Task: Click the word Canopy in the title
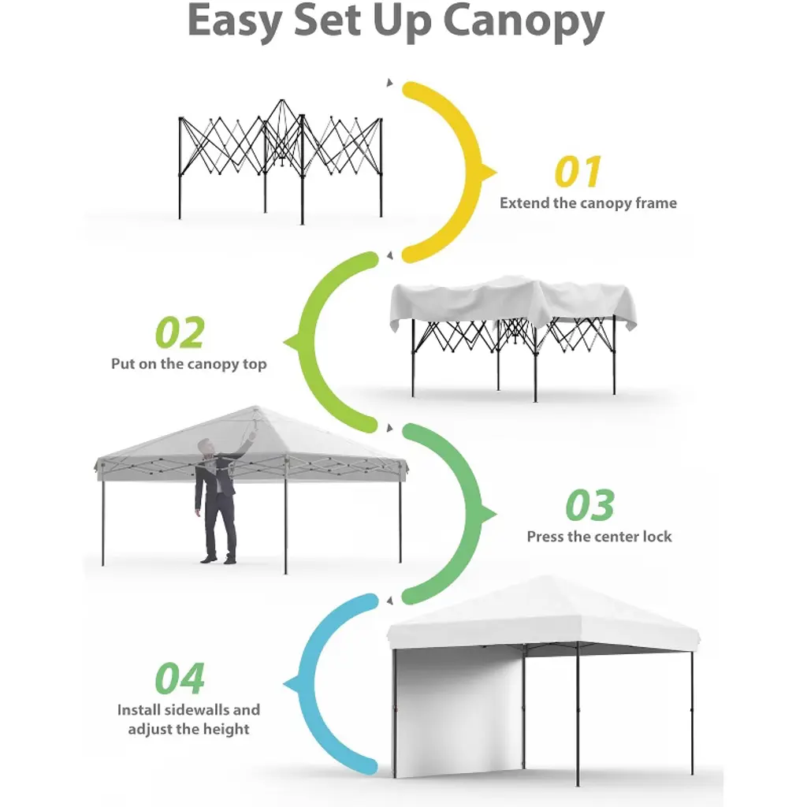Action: click(523, 21)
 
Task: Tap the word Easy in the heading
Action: click(235, 21)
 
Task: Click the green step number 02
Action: click(180, 333)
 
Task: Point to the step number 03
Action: click(589, 505)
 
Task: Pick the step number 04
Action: click(180, 679)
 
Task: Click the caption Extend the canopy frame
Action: click(588, 203)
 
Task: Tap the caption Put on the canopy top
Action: click(189, 364)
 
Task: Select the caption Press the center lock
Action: click(599, 537)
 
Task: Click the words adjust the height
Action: click(188, 729)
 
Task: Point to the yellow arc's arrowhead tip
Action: click(496, 173)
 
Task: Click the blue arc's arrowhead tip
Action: click(284, 685)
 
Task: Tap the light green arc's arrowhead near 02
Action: click(284, 342)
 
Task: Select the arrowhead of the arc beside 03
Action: click(496, 514)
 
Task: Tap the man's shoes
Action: click(220, 559)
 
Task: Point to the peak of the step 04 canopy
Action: click(545, 577)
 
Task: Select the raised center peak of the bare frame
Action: click(281, 102)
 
